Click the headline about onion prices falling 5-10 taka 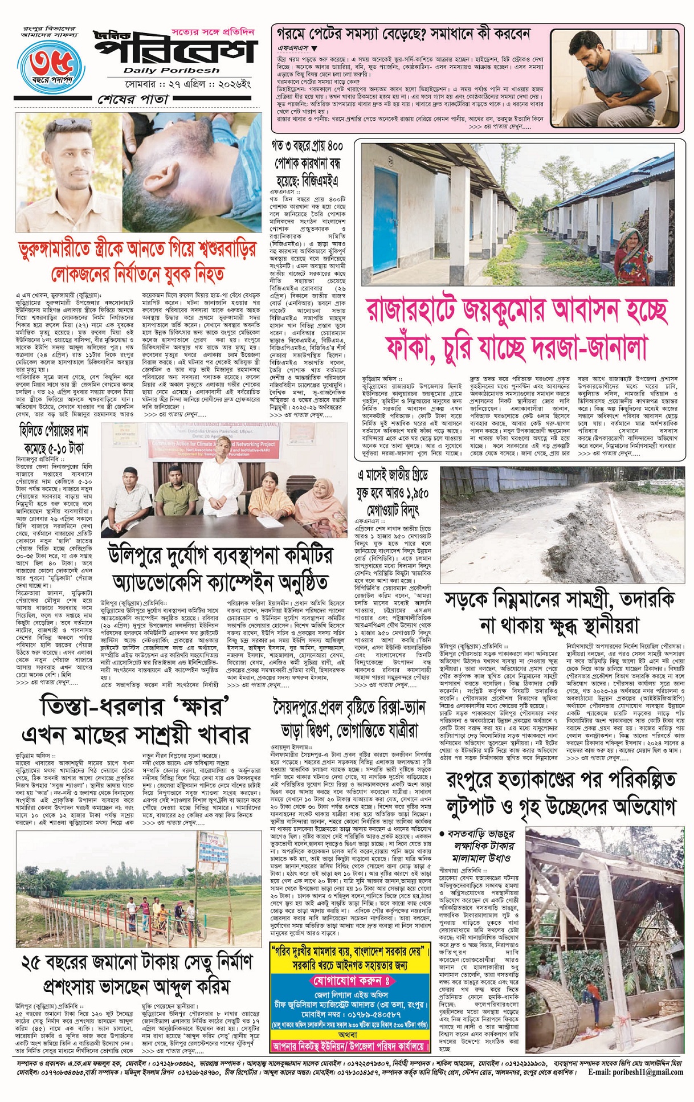coord(55,440)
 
